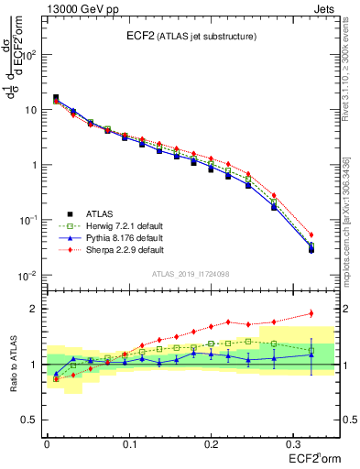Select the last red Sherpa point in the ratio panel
[311, 313]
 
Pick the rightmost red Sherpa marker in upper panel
[311, 234]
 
